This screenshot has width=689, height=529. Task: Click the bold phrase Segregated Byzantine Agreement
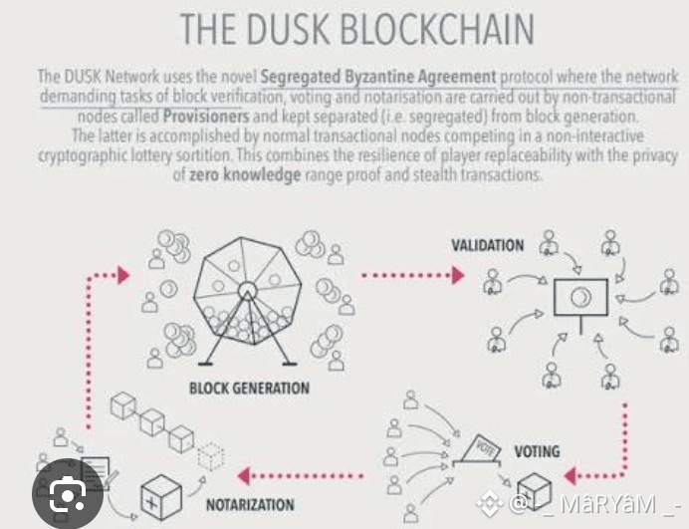pyautogui.click(x=377, y=76)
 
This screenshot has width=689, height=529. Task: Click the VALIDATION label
pyautogui.click(x=487, y=246)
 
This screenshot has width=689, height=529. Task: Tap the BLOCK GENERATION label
pyautogui.click(x=249, y=388)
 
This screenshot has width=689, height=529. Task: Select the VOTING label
pyautogui.click(x=537, y=451)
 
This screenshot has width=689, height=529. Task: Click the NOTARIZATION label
pyautogui.click(x=250, y=504)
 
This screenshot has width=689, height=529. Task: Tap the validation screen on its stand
pyautogui.click(x=578, y=297)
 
